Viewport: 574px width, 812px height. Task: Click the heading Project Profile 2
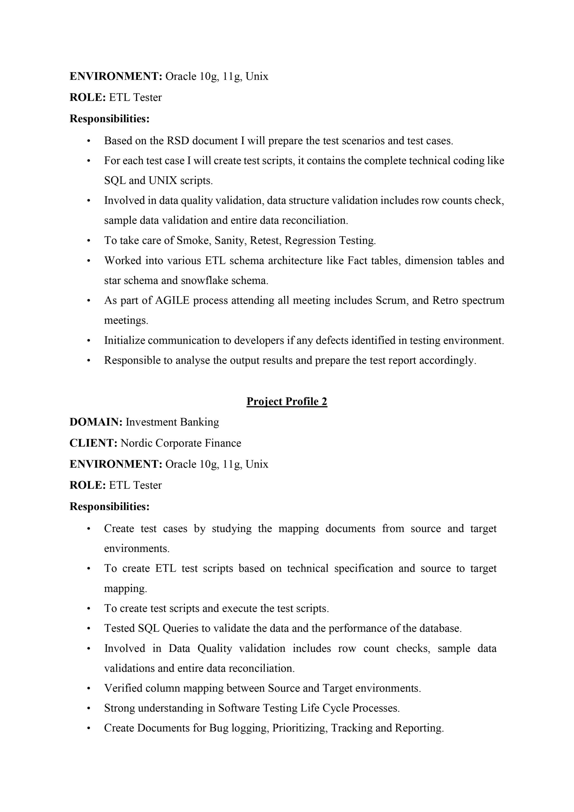[x=286, y=402]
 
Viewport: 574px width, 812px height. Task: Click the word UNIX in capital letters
[x=163, y=181]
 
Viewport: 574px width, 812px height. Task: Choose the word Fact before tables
[x=357, y=261]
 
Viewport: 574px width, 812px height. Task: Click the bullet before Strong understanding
[x=89, y=708]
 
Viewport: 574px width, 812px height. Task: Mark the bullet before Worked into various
[x=89, y=261]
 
